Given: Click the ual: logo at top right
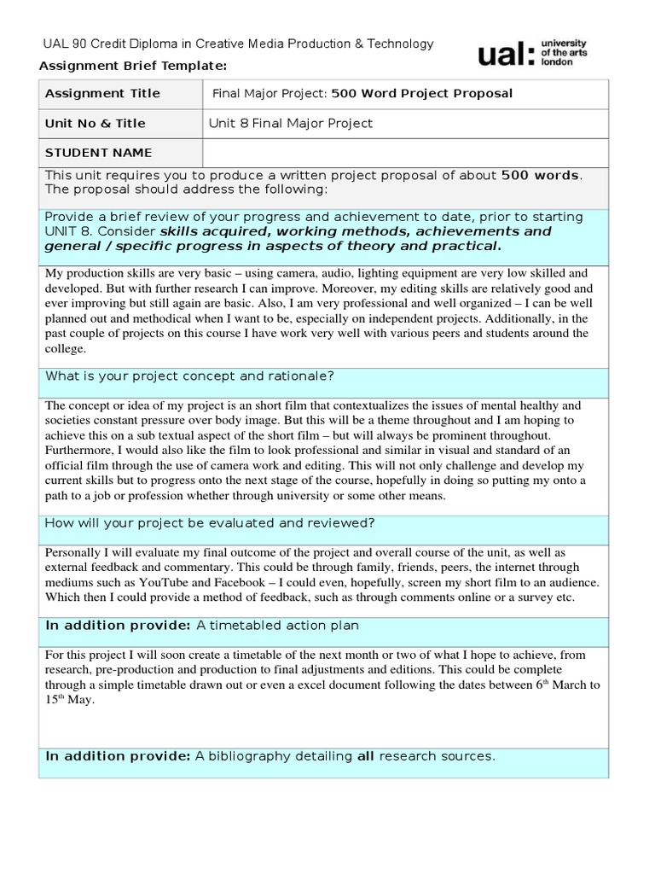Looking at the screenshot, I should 507,55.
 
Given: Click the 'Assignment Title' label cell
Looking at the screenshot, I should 102,93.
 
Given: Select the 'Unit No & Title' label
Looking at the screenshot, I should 95,123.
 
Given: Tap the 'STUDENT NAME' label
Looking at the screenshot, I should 98,153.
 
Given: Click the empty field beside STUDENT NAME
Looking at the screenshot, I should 405,153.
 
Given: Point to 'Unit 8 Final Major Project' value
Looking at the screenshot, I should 291,123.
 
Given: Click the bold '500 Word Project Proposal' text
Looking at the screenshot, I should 422,93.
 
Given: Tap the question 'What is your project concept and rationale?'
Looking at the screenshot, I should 188,376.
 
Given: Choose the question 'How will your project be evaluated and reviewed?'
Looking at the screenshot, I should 210,523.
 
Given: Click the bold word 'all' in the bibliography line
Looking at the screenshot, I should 365,756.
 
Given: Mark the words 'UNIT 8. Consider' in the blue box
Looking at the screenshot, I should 100,231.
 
